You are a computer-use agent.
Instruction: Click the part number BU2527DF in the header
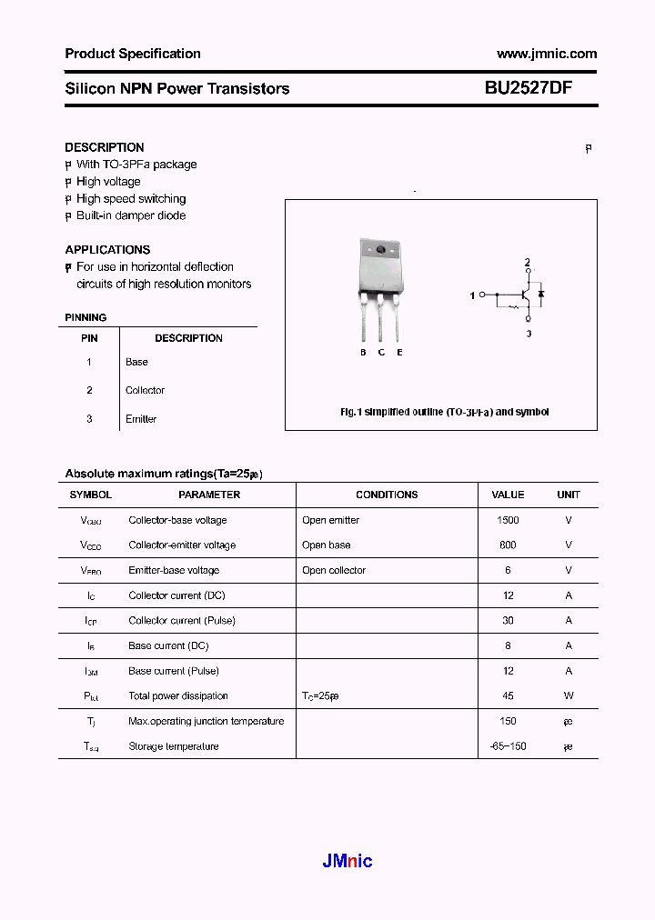point(528,88)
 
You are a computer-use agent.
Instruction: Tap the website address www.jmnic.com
point(547,54)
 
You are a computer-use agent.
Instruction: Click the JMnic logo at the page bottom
point(348,861)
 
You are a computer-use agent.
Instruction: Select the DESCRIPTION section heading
point(105,147)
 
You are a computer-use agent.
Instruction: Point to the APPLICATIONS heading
point(107,249)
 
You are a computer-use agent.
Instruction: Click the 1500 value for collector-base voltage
point(508,520)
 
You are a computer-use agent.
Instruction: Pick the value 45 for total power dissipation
point(508,695)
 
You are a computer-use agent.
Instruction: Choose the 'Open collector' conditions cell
point(334,570)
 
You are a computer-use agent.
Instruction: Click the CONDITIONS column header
point(387,495)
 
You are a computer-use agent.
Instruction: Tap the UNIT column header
point(569,495)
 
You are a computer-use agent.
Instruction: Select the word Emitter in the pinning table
point(141,419)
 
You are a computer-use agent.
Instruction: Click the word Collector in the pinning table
point(145,390)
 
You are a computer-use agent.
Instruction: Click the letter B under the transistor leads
point(363,352)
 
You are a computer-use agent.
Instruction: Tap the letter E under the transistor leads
point(399,352)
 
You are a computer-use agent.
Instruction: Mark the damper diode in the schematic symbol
point(541,294)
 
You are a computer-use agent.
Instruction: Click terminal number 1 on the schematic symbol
point(472,295)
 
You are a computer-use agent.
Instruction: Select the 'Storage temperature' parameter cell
point(174,746)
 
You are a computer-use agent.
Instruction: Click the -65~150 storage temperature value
point(508,746)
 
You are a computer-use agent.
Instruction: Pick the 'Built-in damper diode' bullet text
point(131,215)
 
